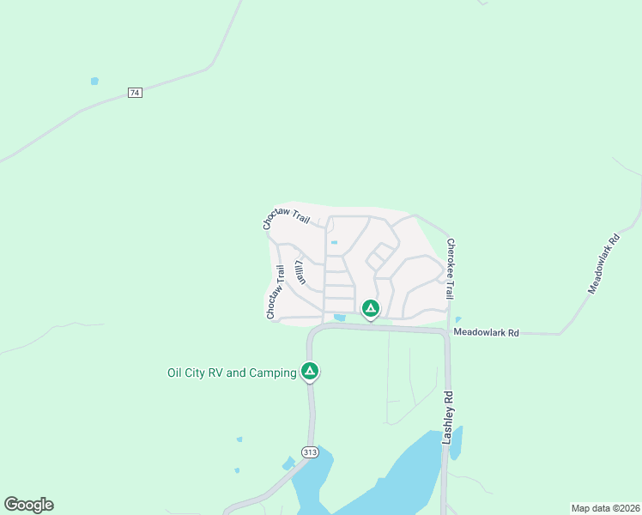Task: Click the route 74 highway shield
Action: (134, 92)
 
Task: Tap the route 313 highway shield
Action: (309, 451)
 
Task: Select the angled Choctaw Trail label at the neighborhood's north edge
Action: (286, 219)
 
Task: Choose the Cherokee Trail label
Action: (449, 269)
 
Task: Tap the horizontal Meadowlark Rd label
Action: (486, 332)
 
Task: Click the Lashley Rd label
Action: (447, 418)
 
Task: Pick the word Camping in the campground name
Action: (272, 373)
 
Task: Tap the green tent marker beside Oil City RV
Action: (310, 371)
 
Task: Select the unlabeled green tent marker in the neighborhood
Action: (370, 307)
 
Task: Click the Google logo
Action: (28, 505)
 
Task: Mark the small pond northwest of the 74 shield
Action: (94, 82)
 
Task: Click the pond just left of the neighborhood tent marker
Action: (340, 318)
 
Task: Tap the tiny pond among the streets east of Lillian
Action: (334, 243)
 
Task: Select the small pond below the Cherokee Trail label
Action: (457, 319)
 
